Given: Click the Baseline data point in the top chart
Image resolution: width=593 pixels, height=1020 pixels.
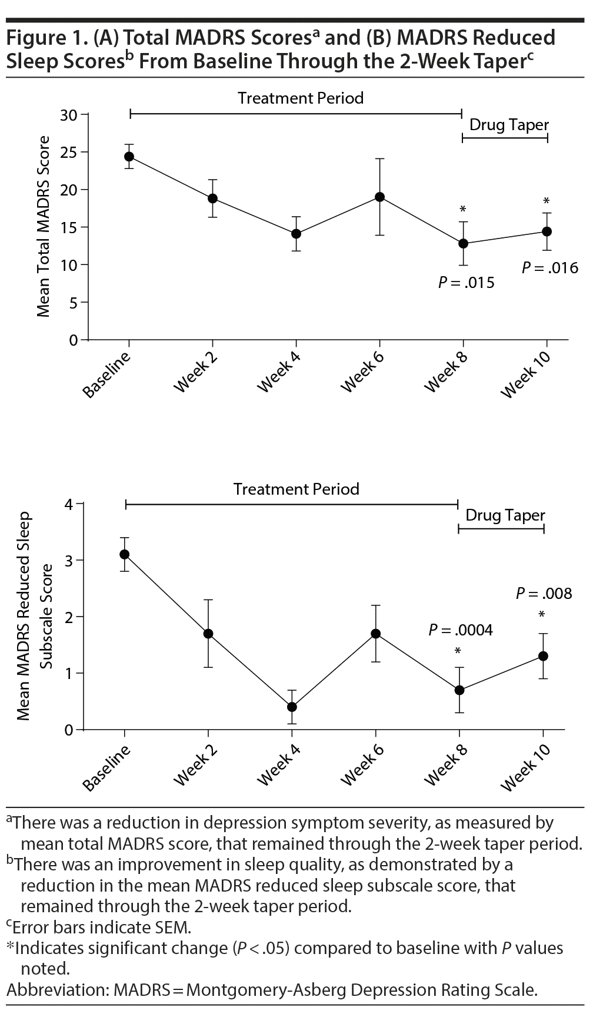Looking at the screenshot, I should pos(129,157).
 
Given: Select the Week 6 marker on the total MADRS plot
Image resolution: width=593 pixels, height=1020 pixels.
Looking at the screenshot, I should pos(379,197).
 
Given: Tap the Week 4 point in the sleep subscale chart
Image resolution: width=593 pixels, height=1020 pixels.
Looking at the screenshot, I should pos(292,707).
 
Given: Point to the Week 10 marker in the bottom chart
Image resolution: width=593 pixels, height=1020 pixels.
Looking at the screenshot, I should pos(543,656).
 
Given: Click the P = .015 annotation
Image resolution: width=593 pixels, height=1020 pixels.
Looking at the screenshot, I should pos(466,283).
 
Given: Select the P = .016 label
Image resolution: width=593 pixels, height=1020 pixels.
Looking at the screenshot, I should pos(550,268).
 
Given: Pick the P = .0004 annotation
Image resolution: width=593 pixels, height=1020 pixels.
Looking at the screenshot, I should pos(460,630).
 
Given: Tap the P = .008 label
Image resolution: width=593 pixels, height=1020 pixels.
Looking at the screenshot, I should pos(544,593).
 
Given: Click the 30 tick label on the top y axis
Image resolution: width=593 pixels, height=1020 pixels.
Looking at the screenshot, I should pos(69,115).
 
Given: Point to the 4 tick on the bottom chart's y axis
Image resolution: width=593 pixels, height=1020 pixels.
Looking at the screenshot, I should pos(69,505).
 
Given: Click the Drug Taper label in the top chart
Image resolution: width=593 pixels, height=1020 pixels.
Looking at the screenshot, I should pos(509,125).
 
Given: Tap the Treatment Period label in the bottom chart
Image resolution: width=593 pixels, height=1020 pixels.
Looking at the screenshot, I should pos(296,489).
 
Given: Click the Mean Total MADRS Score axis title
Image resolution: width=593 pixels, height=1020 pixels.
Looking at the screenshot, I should pos(44,227).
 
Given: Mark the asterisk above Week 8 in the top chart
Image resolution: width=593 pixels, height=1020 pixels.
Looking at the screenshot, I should pos(463,210).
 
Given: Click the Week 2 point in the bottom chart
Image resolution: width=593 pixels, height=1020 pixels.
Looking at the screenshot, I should pos(208,634).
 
